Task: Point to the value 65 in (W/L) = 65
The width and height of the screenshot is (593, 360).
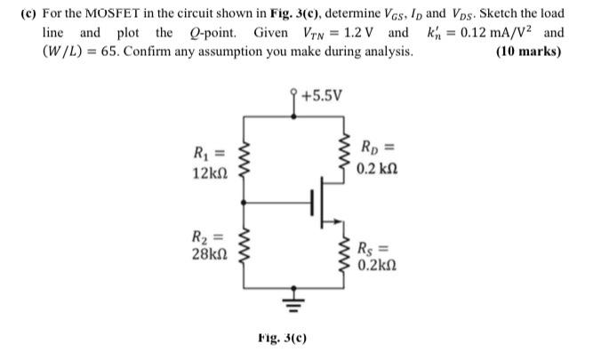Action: [x=129, y=52]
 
